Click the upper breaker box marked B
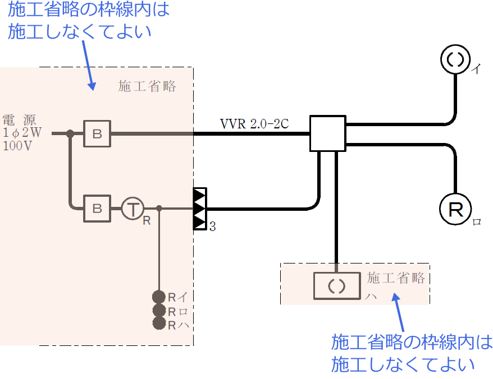pyautogui.click(x=97, y=133)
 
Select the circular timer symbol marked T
pyautogui.click(x=133, y=209)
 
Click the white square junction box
pyautogui.click(x=327, y=133)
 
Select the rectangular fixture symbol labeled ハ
pyautogui.click(x=336, y=285)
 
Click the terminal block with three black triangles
pyautogui.click(x=200, y=209)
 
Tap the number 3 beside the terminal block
pyautogui.click(x=213, y=227)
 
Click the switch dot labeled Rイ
pyautogui.click(x=159, y=297)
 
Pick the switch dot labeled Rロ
pyautogui.click(x=159, y=311)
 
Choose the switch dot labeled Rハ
pyautogui.click(x=159, y=323)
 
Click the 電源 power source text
pyautogui.click(x=20, y=119)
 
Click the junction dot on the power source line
pyautogui.click(x=70, y=133)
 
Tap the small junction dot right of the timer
pyautogui.click(x=159, y=209)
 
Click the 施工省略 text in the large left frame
pyautogui.click(x=147, y=86)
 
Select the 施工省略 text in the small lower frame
pyautogui.click(x=396, y=278)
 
